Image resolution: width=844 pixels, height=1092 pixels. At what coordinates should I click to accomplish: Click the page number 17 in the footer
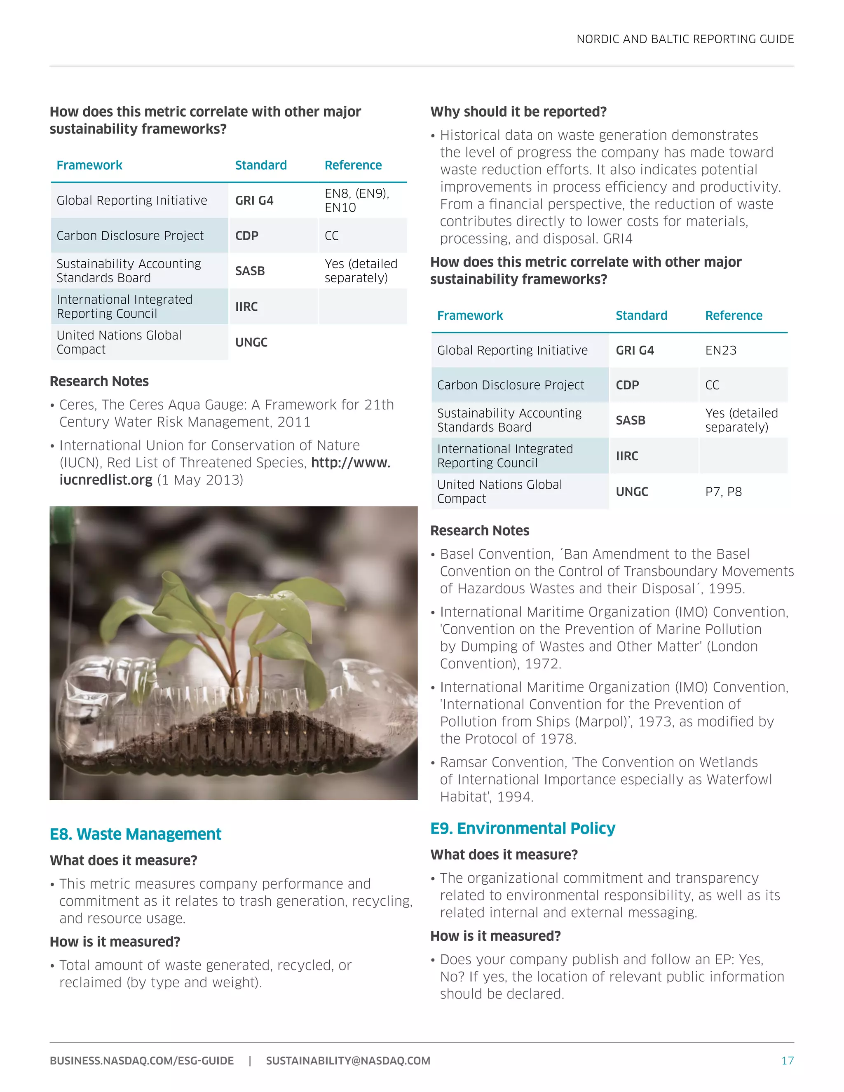[787, 1061]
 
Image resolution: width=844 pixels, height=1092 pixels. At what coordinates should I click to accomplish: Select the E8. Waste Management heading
[135, 834]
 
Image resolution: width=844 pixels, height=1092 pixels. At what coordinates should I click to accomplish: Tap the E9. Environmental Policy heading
[523, 829]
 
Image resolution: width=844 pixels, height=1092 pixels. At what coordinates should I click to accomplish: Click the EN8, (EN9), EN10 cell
[356, 201]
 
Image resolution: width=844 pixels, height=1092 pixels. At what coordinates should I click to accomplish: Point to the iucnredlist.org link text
[105, 480]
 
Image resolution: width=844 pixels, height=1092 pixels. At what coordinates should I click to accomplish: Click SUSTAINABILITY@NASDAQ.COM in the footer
[347, 1061]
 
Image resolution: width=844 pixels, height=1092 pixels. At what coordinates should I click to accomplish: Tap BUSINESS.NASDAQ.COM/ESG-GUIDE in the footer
[141, 1061]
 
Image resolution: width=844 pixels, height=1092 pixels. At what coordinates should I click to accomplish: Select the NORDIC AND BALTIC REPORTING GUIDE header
[685, 39]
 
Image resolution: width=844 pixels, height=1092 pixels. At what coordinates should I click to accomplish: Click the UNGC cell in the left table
[251, 342]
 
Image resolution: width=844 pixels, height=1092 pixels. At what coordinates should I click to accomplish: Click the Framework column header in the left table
[89, 166]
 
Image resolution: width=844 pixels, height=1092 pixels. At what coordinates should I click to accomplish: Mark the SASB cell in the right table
[630, 420]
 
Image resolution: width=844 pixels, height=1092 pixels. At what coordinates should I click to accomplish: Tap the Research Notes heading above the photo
[99, 382]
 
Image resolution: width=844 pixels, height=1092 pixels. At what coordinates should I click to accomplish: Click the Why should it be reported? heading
[518, 112]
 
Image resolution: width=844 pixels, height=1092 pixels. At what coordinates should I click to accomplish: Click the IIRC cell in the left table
[246, 307]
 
